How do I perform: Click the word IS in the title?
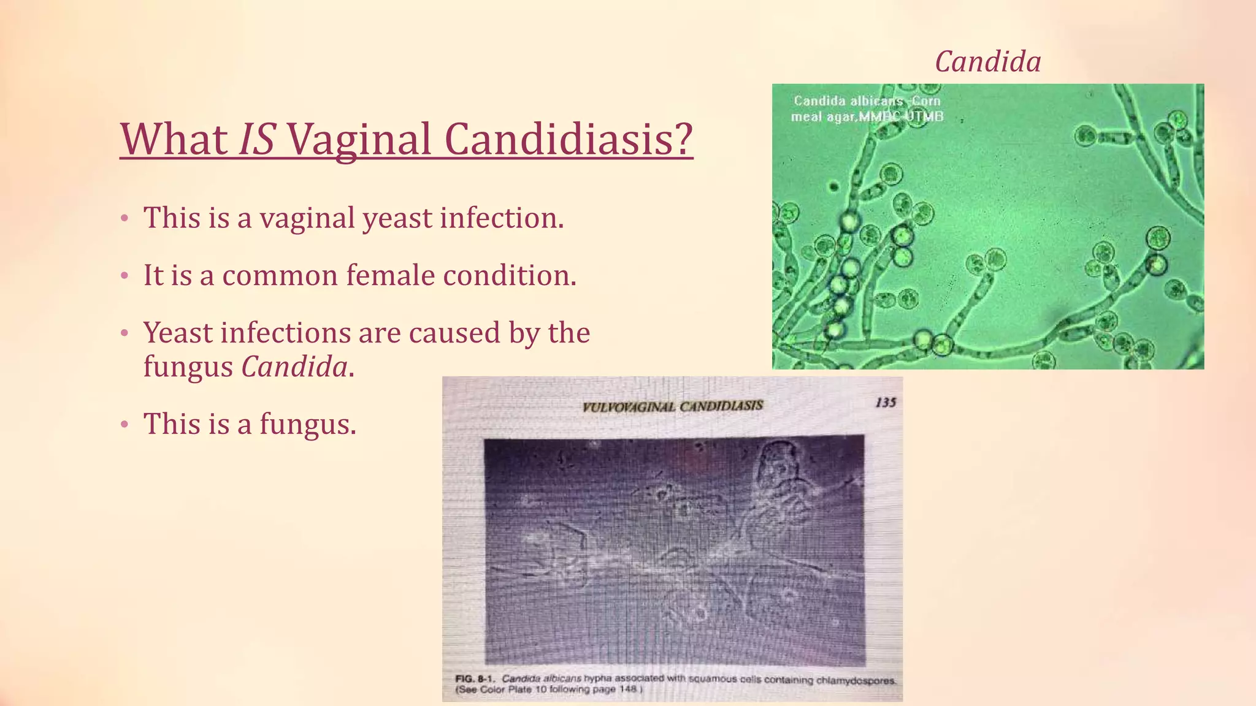pyautogui.click(x=256, y=140)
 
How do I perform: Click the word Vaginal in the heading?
pyautogui.click(x=359, y=140)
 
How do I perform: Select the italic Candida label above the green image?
pyautogui.click(x=987, y=62)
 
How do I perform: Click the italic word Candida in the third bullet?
pyautogui.click(x=294, y=367)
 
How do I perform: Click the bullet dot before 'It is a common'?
pyautogui.click(x=124, y=276)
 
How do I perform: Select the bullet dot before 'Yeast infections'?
pyautogui.click(x=124, y=334)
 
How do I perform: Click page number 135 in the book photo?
pyautogui.click(x=886, y=402)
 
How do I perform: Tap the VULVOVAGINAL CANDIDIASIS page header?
pyautogui.click(x=672, y=406)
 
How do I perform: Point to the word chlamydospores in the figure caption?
pyautogui.click(x=856, y=680)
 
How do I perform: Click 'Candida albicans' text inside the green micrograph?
pyautogui.click(x=848, y=101)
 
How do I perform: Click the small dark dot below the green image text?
pyautogui.click(x=833, y=186)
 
